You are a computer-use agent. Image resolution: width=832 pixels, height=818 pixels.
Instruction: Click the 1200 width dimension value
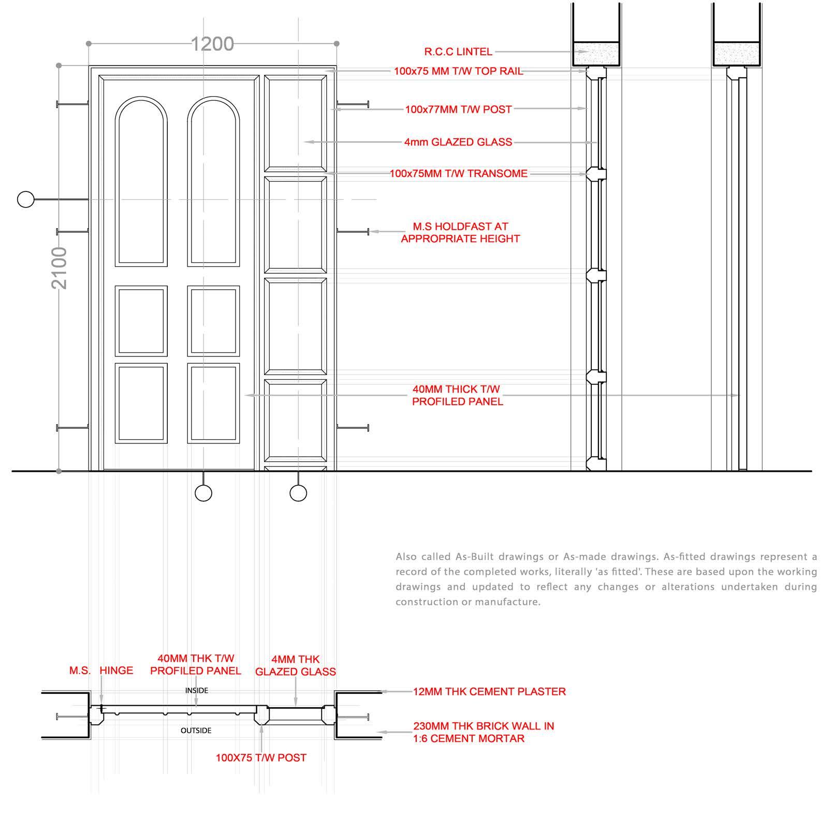pos(212,44)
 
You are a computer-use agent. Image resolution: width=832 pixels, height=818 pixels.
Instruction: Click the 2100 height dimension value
pos(60,267)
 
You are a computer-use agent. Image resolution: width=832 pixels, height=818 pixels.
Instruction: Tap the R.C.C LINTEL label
pos(458,52)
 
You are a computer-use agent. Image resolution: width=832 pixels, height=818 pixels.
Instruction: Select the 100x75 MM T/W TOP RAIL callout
pos(458,71)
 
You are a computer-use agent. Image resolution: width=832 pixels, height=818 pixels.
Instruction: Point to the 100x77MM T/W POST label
pos(458,110)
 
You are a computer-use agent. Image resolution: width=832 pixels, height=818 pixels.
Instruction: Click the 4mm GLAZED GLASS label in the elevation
pos(458,142)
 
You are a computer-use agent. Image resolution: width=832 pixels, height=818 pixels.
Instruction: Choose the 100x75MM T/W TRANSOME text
pos(458,174)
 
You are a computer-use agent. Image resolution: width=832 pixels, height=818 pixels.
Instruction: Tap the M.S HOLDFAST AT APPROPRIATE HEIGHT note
pos(460,233)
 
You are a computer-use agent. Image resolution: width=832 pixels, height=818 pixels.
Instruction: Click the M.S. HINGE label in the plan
pos(101,671)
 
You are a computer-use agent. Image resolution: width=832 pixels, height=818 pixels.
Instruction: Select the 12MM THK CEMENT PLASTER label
pos(489,692)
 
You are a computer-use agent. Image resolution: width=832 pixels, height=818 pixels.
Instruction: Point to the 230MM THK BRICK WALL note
pos(483,732)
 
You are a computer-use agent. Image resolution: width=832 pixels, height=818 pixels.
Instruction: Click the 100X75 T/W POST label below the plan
pos(261,758)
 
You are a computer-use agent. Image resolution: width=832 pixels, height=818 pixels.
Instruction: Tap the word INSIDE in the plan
pos(197,690)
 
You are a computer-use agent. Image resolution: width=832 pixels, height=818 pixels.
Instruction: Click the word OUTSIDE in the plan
pos(196,731)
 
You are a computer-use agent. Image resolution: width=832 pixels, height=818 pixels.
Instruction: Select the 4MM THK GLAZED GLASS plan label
pos(296,666)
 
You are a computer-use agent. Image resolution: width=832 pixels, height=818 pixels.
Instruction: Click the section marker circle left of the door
pos(25,199)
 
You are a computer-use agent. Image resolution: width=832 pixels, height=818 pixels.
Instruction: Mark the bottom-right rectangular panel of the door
pos(213,404)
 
